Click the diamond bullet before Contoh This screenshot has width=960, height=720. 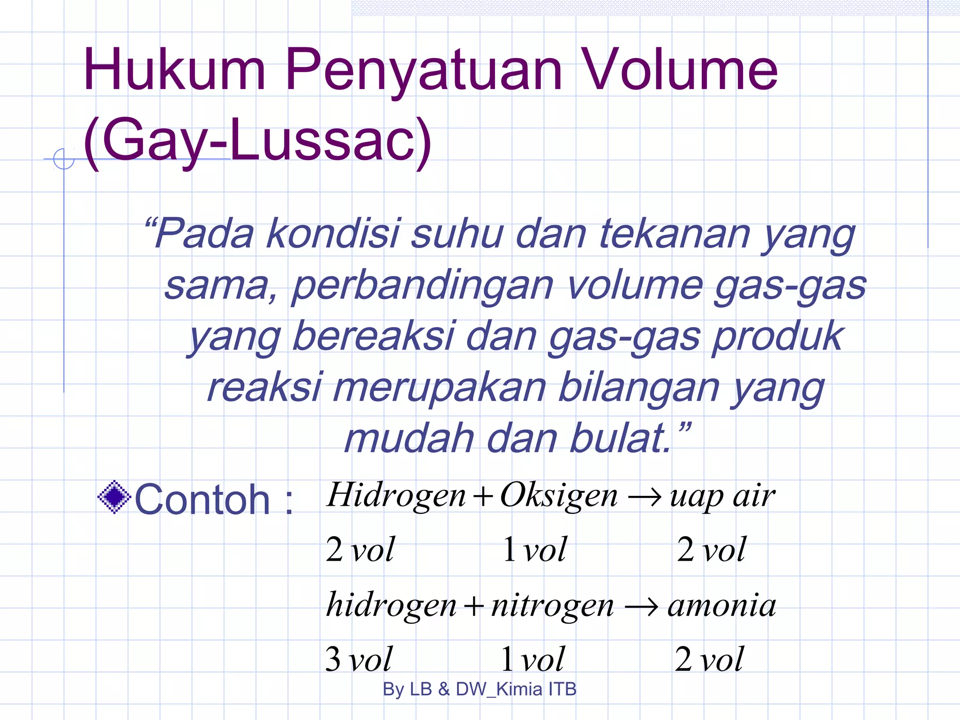(x=114, y=497)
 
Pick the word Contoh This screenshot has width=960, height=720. (x=202, y=500)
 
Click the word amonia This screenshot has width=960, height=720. (x=722, y=606)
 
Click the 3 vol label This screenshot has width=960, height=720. (x=359, y=659)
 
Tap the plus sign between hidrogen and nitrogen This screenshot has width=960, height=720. (x=473, y=607)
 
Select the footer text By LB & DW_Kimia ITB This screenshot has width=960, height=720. (x=479, y=689)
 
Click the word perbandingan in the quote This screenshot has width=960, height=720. (x=422, y=286)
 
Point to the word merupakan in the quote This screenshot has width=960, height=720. (x=440, y=388)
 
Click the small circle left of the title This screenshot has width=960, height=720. (x=63, y=159)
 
